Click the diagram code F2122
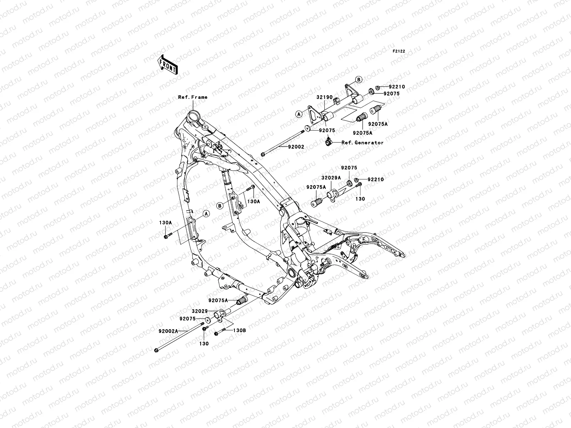click(399, 51)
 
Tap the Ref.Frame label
click(193, 97)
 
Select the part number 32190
click(324, 97)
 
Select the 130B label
click(239, 331)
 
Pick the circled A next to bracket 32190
click(299, 114)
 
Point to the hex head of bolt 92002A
click(157, 351)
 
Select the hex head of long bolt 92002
click(263, 155)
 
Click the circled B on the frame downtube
click(220, 205)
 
